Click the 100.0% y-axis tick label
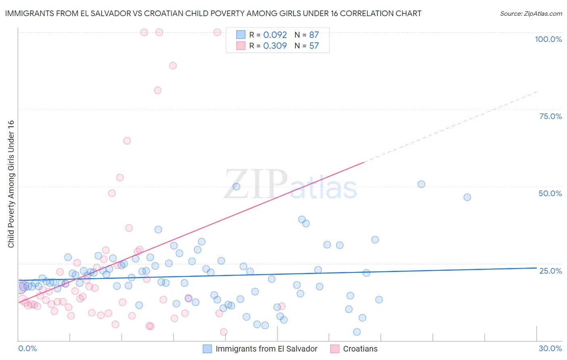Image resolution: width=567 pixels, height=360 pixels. coord(548,39)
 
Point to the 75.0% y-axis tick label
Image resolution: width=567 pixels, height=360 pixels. coord(550,116)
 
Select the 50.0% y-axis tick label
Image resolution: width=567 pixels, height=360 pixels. coord(550,193)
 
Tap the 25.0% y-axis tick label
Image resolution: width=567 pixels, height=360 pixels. coord(550,270)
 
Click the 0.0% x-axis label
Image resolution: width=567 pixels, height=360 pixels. coord(27,348)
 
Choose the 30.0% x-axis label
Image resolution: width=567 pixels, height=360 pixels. coord(550,348)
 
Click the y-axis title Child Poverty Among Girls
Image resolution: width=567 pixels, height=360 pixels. coord(11,184)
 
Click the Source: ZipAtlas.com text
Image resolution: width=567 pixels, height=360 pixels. coord(531,13)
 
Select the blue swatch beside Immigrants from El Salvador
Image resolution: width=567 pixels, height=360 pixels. coord(207,349)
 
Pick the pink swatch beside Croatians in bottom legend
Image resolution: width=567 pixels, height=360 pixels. coord(335,349)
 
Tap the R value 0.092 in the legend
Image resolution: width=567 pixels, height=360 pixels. coord(275,35)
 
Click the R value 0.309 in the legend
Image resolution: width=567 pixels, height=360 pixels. coord(275,46)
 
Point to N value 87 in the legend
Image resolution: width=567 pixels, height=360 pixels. coord(314,35)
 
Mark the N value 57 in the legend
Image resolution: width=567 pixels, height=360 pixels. coord(314,46)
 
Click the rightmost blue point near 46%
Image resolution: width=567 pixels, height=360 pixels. coord(467,197)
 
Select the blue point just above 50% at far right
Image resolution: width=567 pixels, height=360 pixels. coord(421,184)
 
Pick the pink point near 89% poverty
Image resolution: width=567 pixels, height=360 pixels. coord(173,65)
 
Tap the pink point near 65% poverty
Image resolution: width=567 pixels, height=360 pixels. coord(127,141)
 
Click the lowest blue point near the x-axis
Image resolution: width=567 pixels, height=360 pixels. coord(357,332)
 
